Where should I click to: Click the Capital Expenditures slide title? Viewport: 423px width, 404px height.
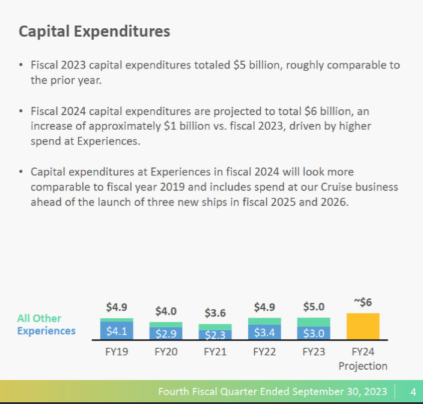[x=94, y=31]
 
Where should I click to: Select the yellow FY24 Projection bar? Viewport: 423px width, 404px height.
[x=363, y=327]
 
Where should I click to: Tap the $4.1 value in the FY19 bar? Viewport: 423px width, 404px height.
[x=116, y=331]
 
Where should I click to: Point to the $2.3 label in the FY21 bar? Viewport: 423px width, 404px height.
[x=215, y=335]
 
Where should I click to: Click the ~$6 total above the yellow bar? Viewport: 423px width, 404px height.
[x=363, y=303]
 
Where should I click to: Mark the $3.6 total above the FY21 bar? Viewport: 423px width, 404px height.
[x=215, y=313]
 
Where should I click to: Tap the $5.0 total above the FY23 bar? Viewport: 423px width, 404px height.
[x=314, y=307]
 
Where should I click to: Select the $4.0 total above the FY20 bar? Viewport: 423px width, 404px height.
[x=166, y=311]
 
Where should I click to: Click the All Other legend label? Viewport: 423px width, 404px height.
[x=39, y=318]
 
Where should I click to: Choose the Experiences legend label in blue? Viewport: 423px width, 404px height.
[x=46, y=331]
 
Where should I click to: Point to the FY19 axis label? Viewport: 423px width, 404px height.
[x=116, y=352]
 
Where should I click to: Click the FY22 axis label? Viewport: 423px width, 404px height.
[x=264, y=352]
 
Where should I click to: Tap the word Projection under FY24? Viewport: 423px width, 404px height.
[x=363, y=366]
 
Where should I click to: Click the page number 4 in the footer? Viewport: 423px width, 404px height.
[x=413, y=392]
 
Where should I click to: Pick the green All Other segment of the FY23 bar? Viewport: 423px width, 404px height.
[x=314, y=322]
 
